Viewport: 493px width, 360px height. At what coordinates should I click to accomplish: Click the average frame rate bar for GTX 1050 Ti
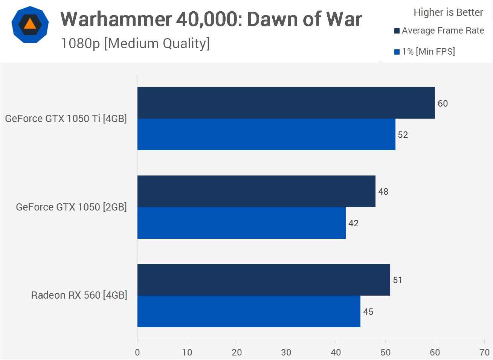[x=286, y=103]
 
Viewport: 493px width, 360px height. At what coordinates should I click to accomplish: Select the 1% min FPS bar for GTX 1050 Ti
[x=266, y=134]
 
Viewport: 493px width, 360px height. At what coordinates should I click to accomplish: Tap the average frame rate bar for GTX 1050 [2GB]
[x=256, y=191]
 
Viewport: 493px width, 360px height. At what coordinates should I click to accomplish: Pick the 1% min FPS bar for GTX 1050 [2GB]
[x=241, y=223]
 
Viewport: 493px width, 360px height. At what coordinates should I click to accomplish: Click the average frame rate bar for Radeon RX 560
[x=264, y=280]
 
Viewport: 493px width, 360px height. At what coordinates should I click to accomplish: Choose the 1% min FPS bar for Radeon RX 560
[x=249, y=311]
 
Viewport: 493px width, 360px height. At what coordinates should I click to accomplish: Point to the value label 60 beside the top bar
[x=443, y=104]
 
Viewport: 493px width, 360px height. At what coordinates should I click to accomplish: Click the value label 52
[x=403, y=135]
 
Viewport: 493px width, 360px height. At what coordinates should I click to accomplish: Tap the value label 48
[x=383, y=192]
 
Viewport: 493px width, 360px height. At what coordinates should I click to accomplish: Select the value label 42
[x=353, y=223]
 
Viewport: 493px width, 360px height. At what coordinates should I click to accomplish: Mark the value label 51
[x=397, y=280]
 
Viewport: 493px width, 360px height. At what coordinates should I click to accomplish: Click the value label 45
[x=368, y=312]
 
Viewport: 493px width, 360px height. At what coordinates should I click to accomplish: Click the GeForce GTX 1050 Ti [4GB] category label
[x=66, y=119]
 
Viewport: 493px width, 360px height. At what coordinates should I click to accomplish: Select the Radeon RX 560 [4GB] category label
[x=79, y=295]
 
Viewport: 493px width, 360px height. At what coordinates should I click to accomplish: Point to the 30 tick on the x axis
[x=286, y=352]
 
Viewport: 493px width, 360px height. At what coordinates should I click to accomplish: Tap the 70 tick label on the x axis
[x=484, y=352]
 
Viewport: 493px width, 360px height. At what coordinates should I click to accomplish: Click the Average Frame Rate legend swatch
[x=397, y=31]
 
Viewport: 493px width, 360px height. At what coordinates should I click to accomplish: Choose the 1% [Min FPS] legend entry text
[x=428, y=52]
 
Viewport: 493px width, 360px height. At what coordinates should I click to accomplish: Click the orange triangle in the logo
[x=30, y=24]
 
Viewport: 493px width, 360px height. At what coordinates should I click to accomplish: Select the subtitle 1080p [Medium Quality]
[x=135, y=44]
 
